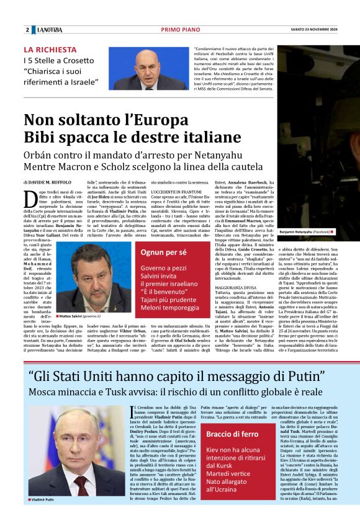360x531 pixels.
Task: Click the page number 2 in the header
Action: (x=27, y=30)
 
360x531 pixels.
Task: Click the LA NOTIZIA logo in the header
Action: (x=50, y=30)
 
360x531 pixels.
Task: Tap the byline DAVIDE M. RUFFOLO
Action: (x=50, y=182)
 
